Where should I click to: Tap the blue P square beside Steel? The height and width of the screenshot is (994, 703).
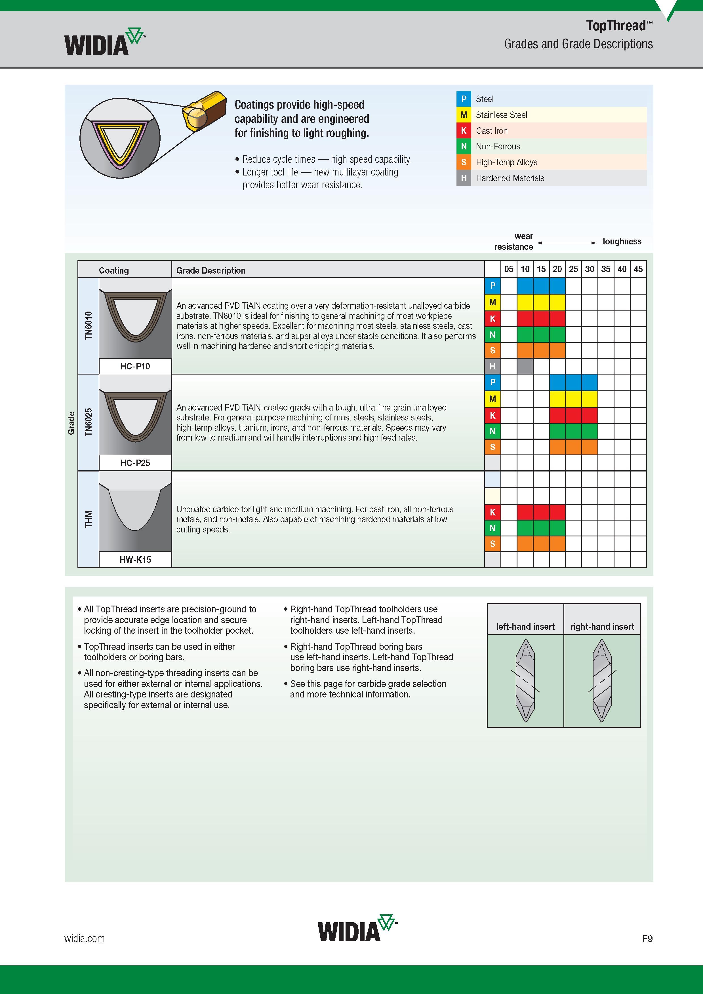464,99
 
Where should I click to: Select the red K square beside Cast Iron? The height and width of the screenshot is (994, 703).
464,130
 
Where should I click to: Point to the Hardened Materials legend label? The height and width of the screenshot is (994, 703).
510,178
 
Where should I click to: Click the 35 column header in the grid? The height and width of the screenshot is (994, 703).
605,269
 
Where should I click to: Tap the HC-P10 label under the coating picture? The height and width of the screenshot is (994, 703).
135,366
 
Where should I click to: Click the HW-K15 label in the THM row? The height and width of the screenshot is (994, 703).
135,559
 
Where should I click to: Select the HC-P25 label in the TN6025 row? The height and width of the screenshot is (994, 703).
135,463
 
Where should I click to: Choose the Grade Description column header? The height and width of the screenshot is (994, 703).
211,270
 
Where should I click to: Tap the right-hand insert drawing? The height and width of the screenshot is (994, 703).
602,680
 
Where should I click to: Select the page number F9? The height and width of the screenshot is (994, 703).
647,939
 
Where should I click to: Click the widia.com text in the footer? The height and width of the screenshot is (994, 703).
85,939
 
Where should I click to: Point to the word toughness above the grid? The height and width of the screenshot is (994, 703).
622,242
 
